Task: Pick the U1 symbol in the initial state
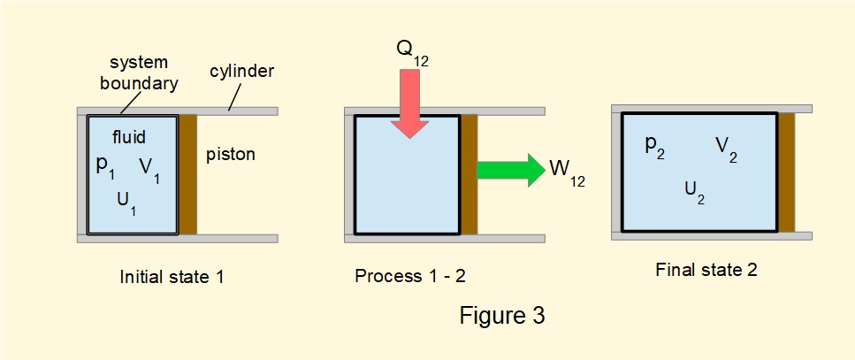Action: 127,201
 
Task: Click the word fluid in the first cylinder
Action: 129,137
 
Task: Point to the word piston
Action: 230,155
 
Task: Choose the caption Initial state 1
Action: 172,276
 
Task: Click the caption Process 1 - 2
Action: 410,276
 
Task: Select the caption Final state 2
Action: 706,271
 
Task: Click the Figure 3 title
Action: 502,315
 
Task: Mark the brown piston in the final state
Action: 786,172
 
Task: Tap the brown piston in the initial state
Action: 187,174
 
